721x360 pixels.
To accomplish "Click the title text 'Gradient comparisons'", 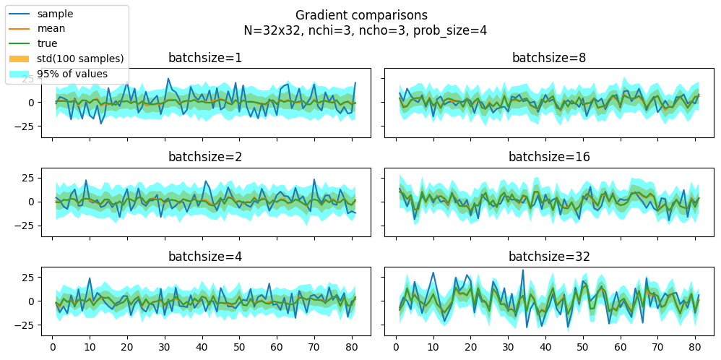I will coord(361,15).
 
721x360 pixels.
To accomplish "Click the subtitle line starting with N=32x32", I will coord(361,30).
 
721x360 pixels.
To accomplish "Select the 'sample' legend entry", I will coord(55,14).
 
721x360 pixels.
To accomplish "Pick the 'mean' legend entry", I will coord(51,29).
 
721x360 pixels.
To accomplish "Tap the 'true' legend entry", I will coord(48,43).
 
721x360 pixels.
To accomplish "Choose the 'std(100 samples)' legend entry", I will coord(80,59).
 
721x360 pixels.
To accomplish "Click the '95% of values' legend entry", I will coord(72,74).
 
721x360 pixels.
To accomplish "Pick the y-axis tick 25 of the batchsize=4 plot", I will coord(29,277).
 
